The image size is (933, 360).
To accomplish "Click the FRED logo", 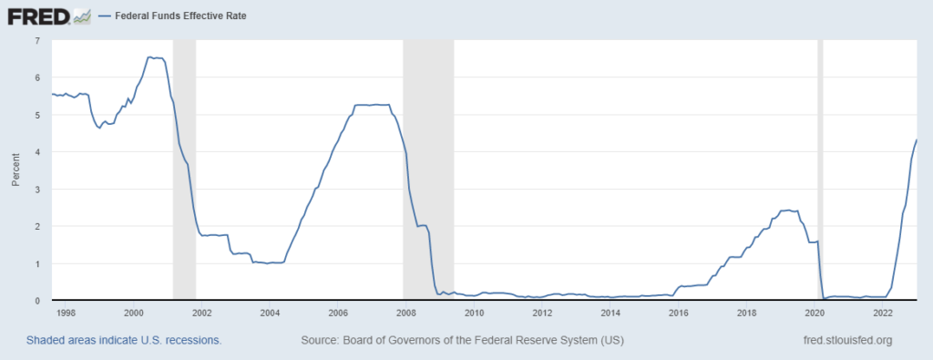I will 48,15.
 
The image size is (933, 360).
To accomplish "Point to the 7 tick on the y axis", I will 36,41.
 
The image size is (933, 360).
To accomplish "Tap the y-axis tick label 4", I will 36,152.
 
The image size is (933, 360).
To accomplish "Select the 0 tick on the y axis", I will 36,300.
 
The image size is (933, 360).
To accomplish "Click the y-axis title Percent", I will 15,170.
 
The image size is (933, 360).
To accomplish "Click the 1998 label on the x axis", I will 66,313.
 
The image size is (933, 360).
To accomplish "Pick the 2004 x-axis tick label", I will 270,313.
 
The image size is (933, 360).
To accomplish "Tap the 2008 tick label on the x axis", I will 406,313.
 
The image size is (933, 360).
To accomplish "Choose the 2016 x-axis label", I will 679,313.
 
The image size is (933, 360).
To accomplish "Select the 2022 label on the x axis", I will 882,313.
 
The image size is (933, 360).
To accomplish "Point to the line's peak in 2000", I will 150,57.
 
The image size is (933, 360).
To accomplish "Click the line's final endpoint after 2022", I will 916,139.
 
